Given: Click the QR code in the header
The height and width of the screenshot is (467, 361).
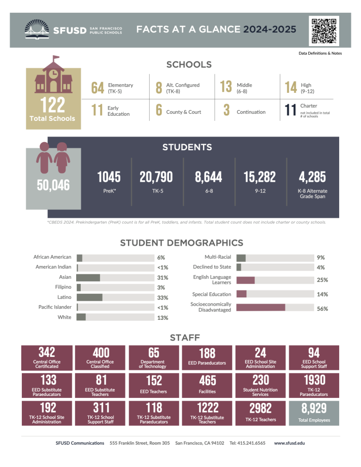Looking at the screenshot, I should pyautogui.click(x=323, y=31).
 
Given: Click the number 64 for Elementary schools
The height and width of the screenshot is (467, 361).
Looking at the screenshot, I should pyautogui.click(x=97, y=88).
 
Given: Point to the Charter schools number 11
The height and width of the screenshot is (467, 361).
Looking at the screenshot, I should pyautogui.click(x=290, y=110).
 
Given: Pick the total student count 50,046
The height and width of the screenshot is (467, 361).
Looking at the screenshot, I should pyautogui.click(x=53, y=185).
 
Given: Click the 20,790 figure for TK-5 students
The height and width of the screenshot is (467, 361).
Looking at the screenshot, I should pyautogui.click(x=156, y=177).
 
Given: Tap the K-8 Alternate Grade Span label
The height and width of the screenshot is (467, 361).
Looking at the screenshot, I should pyautogui.click(x=312, y=194).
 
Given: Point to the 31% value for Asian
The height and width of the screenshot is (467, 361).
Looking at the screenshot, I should pyautogui.click(x=162, y=278).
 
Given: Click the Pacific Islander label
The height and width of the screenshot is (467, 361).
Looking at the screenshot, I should pyautogui.click(x=55, y=307).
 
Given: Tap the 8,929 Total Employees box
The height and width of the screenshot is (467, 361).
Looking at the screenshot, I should pyautogui.click(x=313, y=412).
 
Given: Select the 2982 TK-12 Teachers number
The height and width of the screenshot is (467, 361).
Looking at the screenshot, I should pyautogui.click(x=260, y=408).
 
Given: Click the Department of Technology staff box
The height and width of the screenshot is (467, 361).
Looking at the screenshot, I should pyautogui.click(x=153, y=358).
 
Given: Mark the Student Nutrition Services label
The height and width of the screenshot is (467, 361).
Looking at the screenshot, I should pyautogui.click(x=260, y=391).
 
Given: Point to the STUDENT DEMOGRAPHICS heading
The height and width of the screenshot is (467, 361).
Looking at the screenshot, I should pyautogui.click(x=181, y=243).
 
